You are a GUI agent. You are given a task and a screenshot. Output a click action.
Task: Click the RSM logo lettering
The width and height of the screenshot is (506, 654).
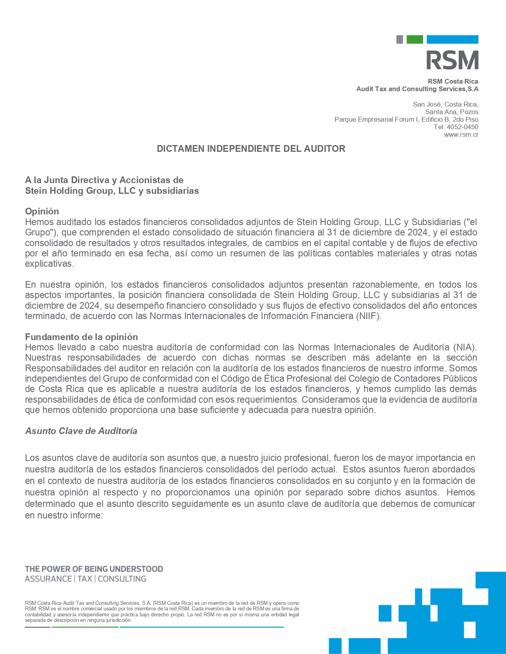452,60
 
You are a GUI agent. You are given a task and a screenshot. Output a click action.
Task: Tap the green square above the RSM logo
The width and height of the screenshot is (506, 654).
415,39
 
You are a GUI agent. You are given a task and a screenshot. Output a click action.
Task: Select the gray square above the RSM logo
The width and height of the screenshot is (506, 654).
400,39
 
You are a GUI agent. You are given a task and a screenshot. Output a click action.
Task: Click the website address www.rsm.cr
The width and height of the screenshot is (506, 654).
461,135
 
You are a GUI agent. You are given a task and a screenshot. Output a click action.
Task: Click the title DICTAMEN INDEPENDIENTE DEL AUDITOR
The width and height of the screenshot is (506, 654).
251,149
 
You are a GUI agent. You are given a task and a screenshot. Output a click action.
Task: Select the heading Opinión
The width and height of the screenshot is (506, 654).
42,211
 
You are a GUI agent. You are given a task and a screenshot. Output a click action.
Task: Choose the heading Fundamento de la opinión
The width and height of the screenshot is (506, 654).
81,337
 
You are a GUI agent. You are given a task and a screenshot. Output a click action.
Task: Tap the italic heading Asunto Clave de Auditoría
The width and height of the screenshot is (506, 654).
81,431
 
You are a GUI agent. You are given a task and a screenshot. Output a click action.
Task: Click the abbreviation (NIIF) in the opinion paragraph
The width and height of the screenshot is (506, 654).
368,316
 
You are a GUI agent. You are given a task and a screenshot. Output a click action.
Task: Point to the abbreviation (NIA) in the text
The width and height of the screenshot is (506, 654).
464,348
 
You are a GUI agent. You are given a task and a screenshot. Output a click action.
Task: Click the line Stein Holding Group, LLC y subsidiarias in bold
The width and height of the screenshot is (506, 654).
112,191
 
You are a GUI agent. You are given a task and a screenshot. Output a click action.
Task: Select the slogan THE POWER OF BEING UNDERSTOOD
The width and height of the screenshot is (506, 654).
94,569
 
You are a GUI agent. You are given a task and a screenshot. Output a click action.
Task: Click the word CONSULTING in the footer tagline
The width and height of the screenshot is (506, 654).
122,579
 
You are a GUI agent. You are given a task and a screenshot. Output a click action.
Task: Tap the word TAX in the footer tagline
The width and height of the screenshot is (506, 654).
85,579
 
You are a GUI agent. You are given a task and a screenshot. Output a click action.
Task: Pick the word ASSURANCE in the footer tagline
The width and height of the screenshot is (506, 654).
48,579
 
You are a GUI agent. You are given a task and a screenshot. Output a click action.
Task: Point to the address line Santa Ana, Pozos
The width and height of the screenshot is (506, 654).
452,112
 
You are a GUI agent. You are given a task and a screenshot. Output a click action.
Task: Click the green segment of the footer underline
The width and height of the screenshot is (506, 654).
85,627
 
